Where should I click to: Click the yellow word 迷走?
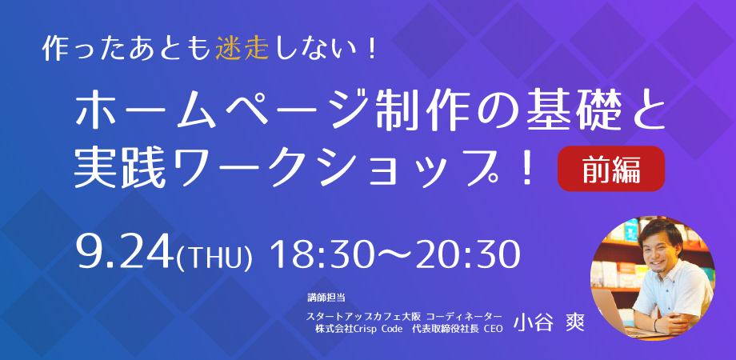[x=242, y=49]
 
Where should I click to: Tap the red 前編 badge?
[x=610, y=169]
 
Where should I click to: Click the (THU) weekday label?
[x=214, y=256]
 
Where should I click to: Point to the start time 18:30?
[x=322, y=254]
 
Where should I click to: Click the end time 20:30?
[x=469, y=254]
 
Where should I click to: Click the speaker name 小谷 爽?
[x=549, y=323]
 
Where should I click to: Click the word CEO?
[x=493, y=329]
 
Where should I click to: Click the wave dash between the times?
[x=394, y=256]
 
